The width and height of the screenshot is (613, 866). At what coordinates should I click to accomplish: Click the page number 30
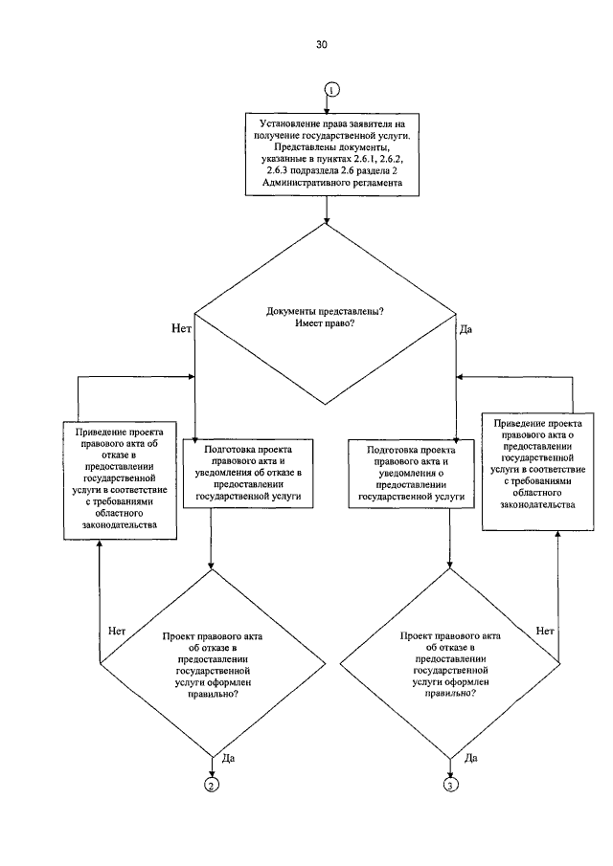pyautogui.click(x=322, y=45)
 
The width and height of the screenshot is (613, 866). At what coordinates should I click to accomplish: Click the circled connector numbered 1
pyautogui.click(x=332, y=90)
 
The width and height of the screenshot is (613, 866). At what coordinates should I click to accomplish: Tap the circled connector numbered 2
pyautogui.click(x=212, y=785)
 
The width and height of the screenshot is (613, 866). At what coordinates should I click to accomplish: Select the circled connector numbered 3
pyautogui.click(x=451, y=785)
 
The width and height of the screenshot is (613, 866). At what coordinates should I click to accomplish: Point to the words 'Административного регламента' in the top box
pyautogui.click(x=332, y=183)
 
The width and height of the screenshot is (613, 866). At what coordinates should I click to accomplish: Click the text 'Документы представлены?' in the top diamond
pyautogui.click(x=325, y=312)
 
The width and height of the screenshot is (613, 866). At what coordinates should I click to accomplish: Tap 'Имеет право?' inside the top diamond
pyautogui.click(x=325, y=323)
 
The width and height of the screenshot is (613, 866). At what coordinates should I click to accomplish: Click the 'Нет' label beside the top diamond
pyautogui.click(x=181, y=328)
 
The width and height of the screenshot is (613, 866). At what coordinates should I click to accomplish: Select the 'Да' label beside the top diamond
pyautogui.click(x=465, y=330)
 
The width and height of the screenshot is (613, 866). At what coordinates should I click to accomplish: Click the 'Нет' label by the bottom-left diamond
pyautogui.click(x=117, y=631)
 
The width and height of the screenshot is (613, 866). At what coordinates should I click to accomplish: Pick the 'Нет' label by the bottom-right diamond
pyautogui.click(x=545, y=631)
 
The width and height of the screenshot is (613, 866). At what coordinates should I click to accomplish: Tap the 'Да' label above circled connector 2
pyautogui.click(x=228, y=758)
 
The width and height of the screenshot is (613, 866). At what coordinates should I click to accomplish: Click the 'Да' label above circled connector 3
pyautogui.click(x=471, y=758)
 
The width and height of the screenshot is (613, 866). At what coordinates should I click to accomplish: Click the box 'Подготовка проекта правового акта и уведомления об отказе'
pyautogui.click(x=248, y=474)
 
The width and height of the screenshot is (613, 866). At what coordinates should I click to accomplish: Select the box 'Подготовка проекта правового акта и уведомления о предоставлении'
pyautogui.click(x=411, y=474)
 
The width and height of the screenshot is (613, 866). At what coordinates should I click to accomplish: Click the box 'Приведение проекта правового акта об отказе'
pyautogui.click(x=120, y=480)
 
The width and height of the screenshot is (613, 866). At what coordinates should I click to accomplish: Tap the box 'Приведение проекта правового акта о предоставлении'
pyautogui.click(x=538, y=471)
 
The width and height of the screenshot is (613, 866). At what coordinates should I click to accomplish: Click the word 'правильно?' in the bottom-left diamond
pyautogui.click(x=214, y=695)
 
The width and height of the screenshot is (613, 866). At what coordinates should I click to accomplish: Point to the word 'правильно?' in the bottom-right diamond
pyautogui.click(x=450, y=694)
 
